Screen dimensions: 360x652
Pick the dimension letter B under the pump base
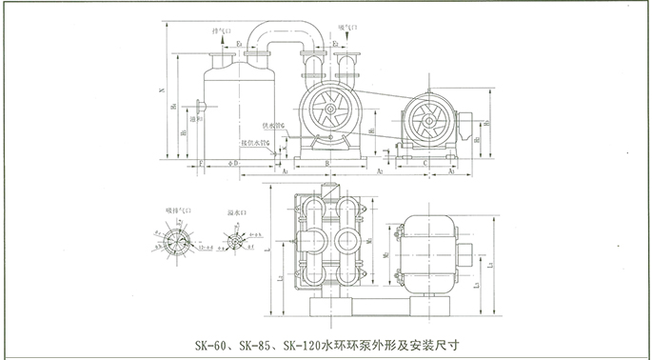(x=326, y=164)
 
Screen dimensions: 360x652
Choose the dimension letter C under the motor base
(x=424, y=164)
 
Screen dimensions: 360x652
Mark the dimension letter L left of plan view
(x=272, y=250)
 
